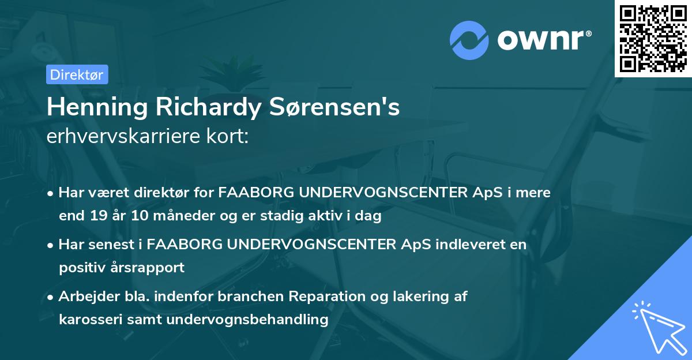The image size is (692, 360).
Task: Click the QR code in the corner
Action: click(x=653, y=39)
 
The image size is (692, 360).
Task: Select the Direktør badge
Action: click(x=77, y=74)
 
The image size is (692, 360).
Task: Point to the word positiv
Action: click(x=80, y=268)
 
